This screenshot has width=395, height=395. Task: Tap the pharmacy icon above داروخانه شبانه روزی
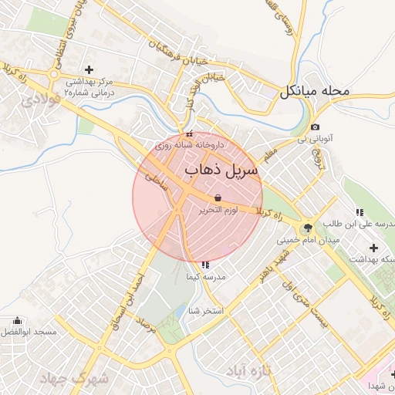click(x=190, y=134)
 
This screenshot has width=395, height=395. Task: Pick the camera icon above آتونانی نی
click(x=315, y=127)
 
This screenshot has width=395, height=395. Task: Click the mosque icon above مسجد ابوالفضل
click(x=17, y=320)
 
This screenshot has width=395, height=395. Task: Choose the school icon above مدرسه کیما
click(x=204, y=265)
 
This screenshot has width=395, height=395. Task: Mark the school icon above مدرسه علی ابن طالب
click(x=360, y=212)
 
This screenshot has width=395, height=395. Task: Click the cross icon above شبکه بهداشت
click(x=374, y=248)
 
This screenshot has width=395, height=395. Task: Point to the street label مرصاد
click(x=149, y=333)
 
